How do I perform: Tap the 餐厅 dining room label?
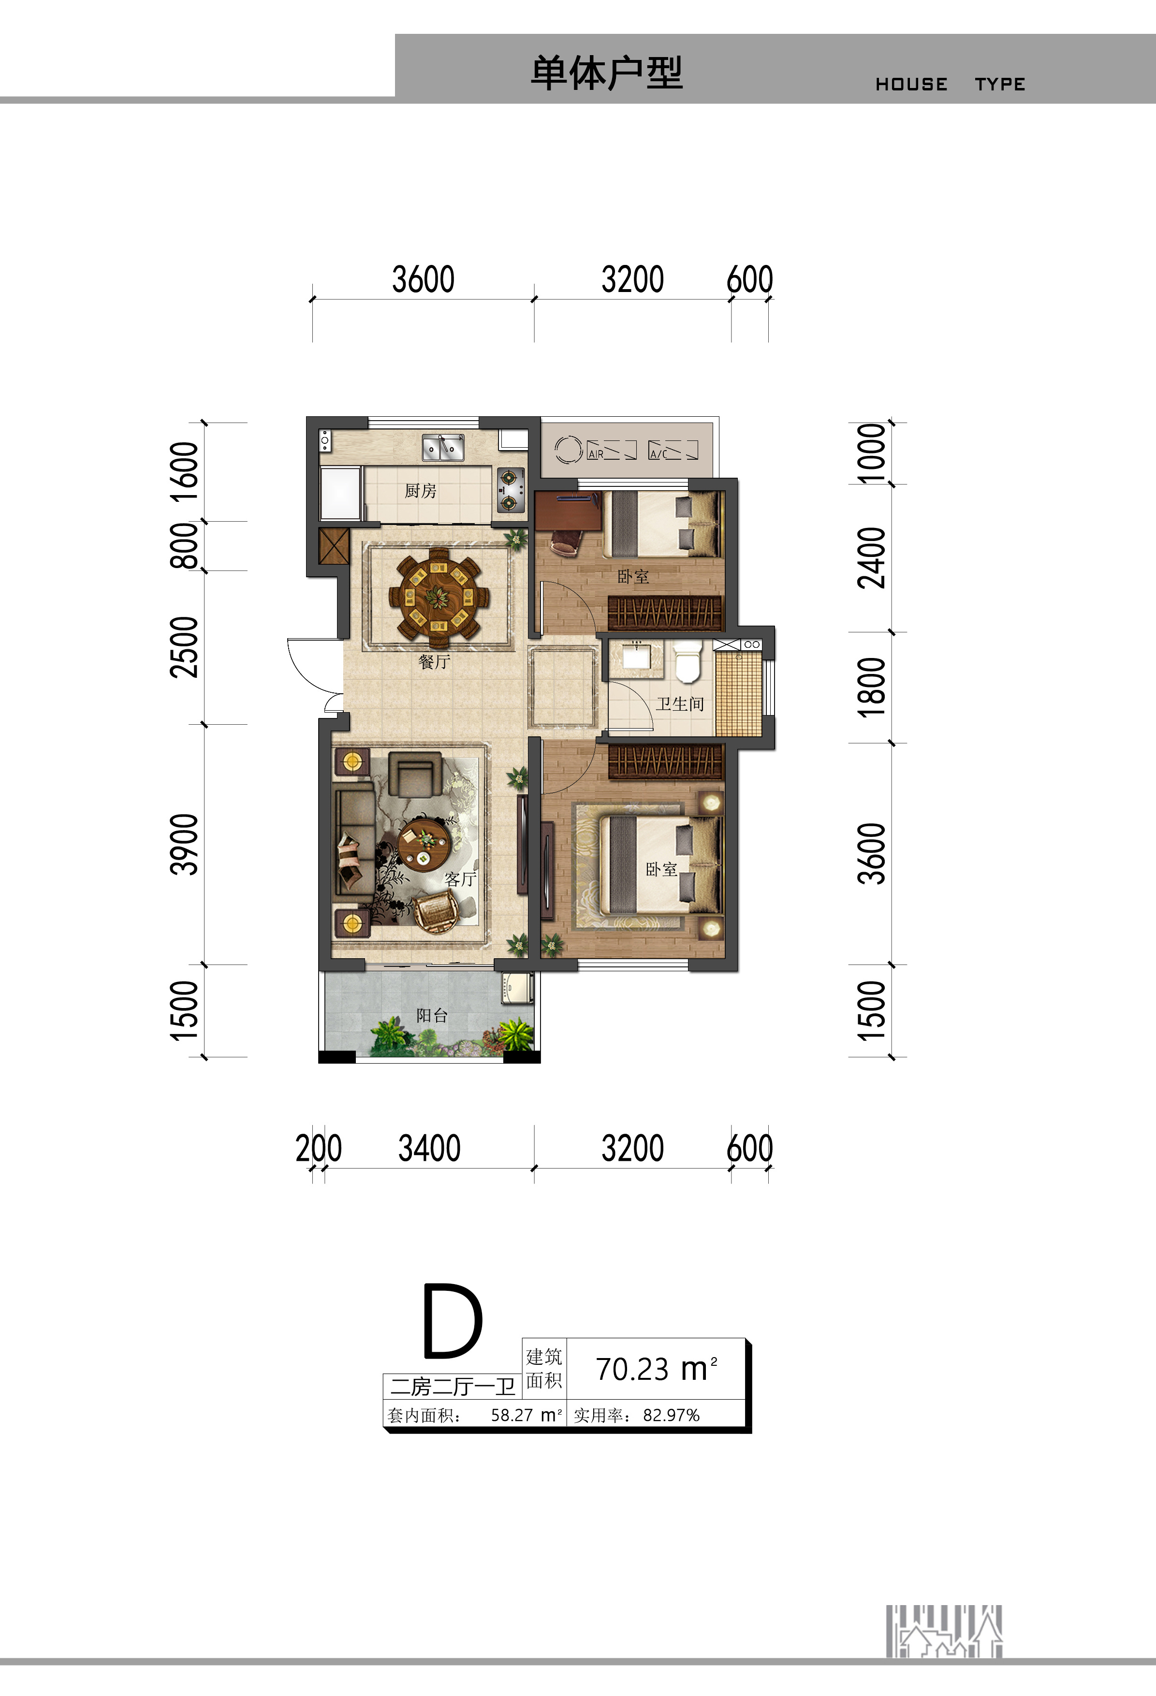click(x=434, y=662)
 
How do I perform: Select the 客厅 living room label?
click(x=460, y=879)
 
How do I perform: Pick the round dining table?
click(x=438, y=597)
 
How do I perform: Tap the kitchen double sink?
click(x=443, y=447)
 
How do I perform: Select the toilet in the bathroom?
click(x=688, y=662)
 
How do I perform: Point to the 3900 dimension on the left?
click(x=184, y=844)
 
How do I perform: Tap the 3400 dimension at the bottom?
click(x=429, y=1148)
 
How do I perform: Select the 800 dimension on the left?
click(x=184, y=546)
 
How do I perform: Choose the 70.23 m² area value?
click(x=657, y=1369)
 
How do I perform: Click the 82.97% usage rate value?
click(x=672, y=1415)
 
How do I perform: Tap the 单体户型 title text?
click(x=606, y=73)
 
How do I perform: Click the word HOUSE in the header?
click(x=911, y=85)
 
